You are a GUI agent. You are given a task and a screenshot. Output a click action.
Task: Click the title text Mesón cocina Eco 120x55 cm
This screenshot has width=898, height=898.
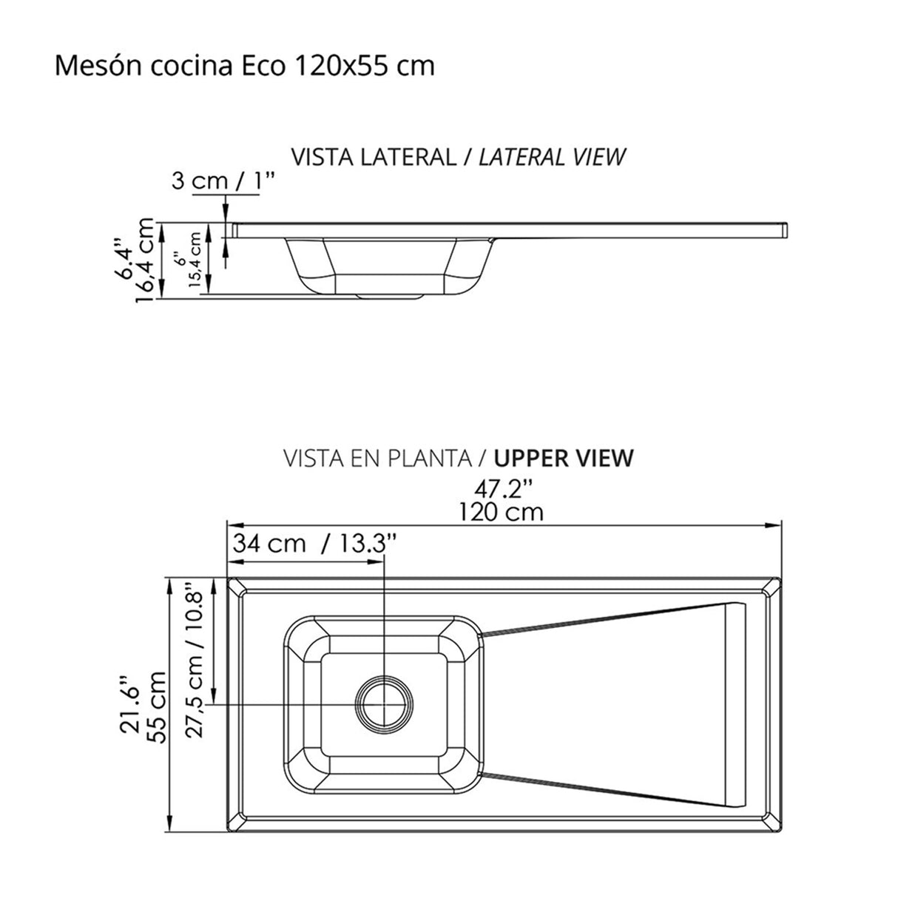click(x=244, y=66)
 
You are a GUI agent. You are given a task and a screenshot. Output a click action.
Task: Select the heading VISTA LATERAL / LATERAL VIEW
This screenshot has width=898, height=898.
click(x=459, y=157)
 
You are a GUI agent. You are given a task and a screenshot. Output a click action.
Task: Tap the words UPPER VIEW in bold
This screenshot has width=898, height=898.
click(x=564, y=458)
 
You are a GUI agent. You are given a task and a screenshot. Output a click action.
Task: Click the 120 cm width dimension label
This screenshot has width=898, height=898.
click(x=501, y=511)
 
